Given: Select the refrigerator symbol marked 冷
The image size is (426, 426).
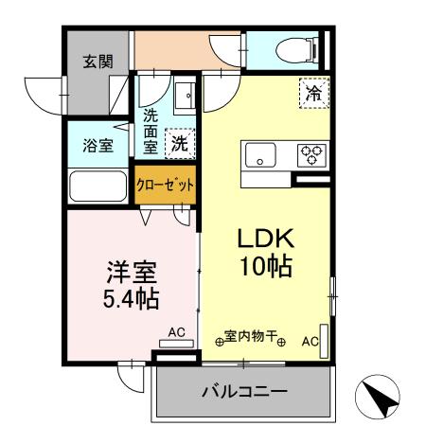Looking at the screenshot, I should [x=312, y=92].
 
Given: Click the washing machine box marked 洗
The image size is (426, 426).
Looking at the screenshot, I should [x=178, y=144].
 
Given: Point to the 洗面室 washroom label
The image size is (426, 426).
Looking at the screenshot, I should [x=151, y=132].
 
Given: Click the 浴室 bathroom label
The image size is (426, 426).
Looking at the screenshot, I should [x=98, y=146].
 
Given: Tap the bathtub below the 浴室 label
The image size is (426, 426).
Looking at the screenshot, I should [x=98, y=186].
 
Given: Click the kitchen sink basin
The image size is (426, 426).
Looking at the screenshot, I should [x=259, y=155].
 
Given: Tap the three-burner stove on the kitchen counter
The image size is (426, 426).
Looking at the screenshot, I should [x=310, y=154].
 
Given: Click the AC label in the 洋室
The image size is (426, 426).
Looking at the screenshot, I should [x=176, y=332].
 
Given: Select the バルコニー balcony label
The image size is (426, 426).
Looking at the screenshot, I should [x=243, y=391].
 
